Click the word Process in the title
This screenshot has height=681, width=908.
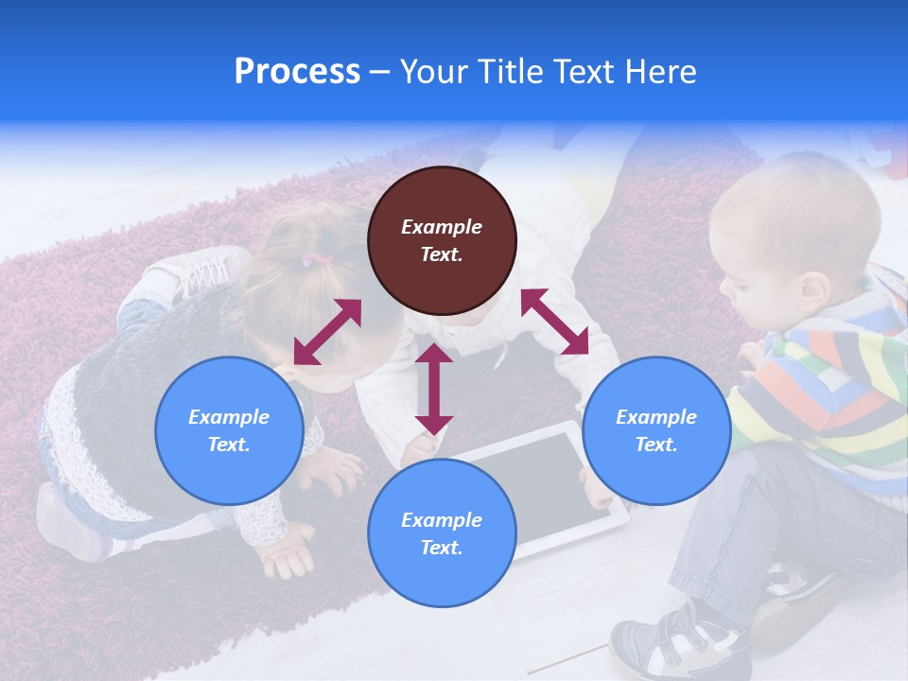[x=297, y=72]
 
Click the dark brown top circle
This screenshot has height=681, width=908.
[x=442, y=240]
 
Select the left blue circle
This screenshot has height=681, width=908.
[x=229, y=430]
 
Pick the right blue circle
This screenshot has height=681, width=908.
[x=656, y=430]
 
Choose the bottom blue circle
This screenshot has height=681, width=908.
[x=442, y=533]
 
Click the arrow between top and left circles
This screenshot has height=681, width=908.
[x=327, y=332]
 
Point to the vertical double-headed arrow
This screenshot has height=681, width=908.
[x=434, y=389]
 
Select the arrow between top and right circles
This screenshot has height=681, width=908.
[x=554, y=322]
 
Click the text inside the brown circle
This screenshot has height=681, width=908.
[x=442, y=240]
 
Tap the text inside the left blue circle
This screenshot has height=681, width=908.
[x=229, y=430]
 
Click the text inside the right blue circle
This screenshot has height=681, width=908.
[x=656, y=430]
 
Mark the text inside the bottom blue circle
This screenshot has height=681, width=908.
[x=442, y=533]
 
